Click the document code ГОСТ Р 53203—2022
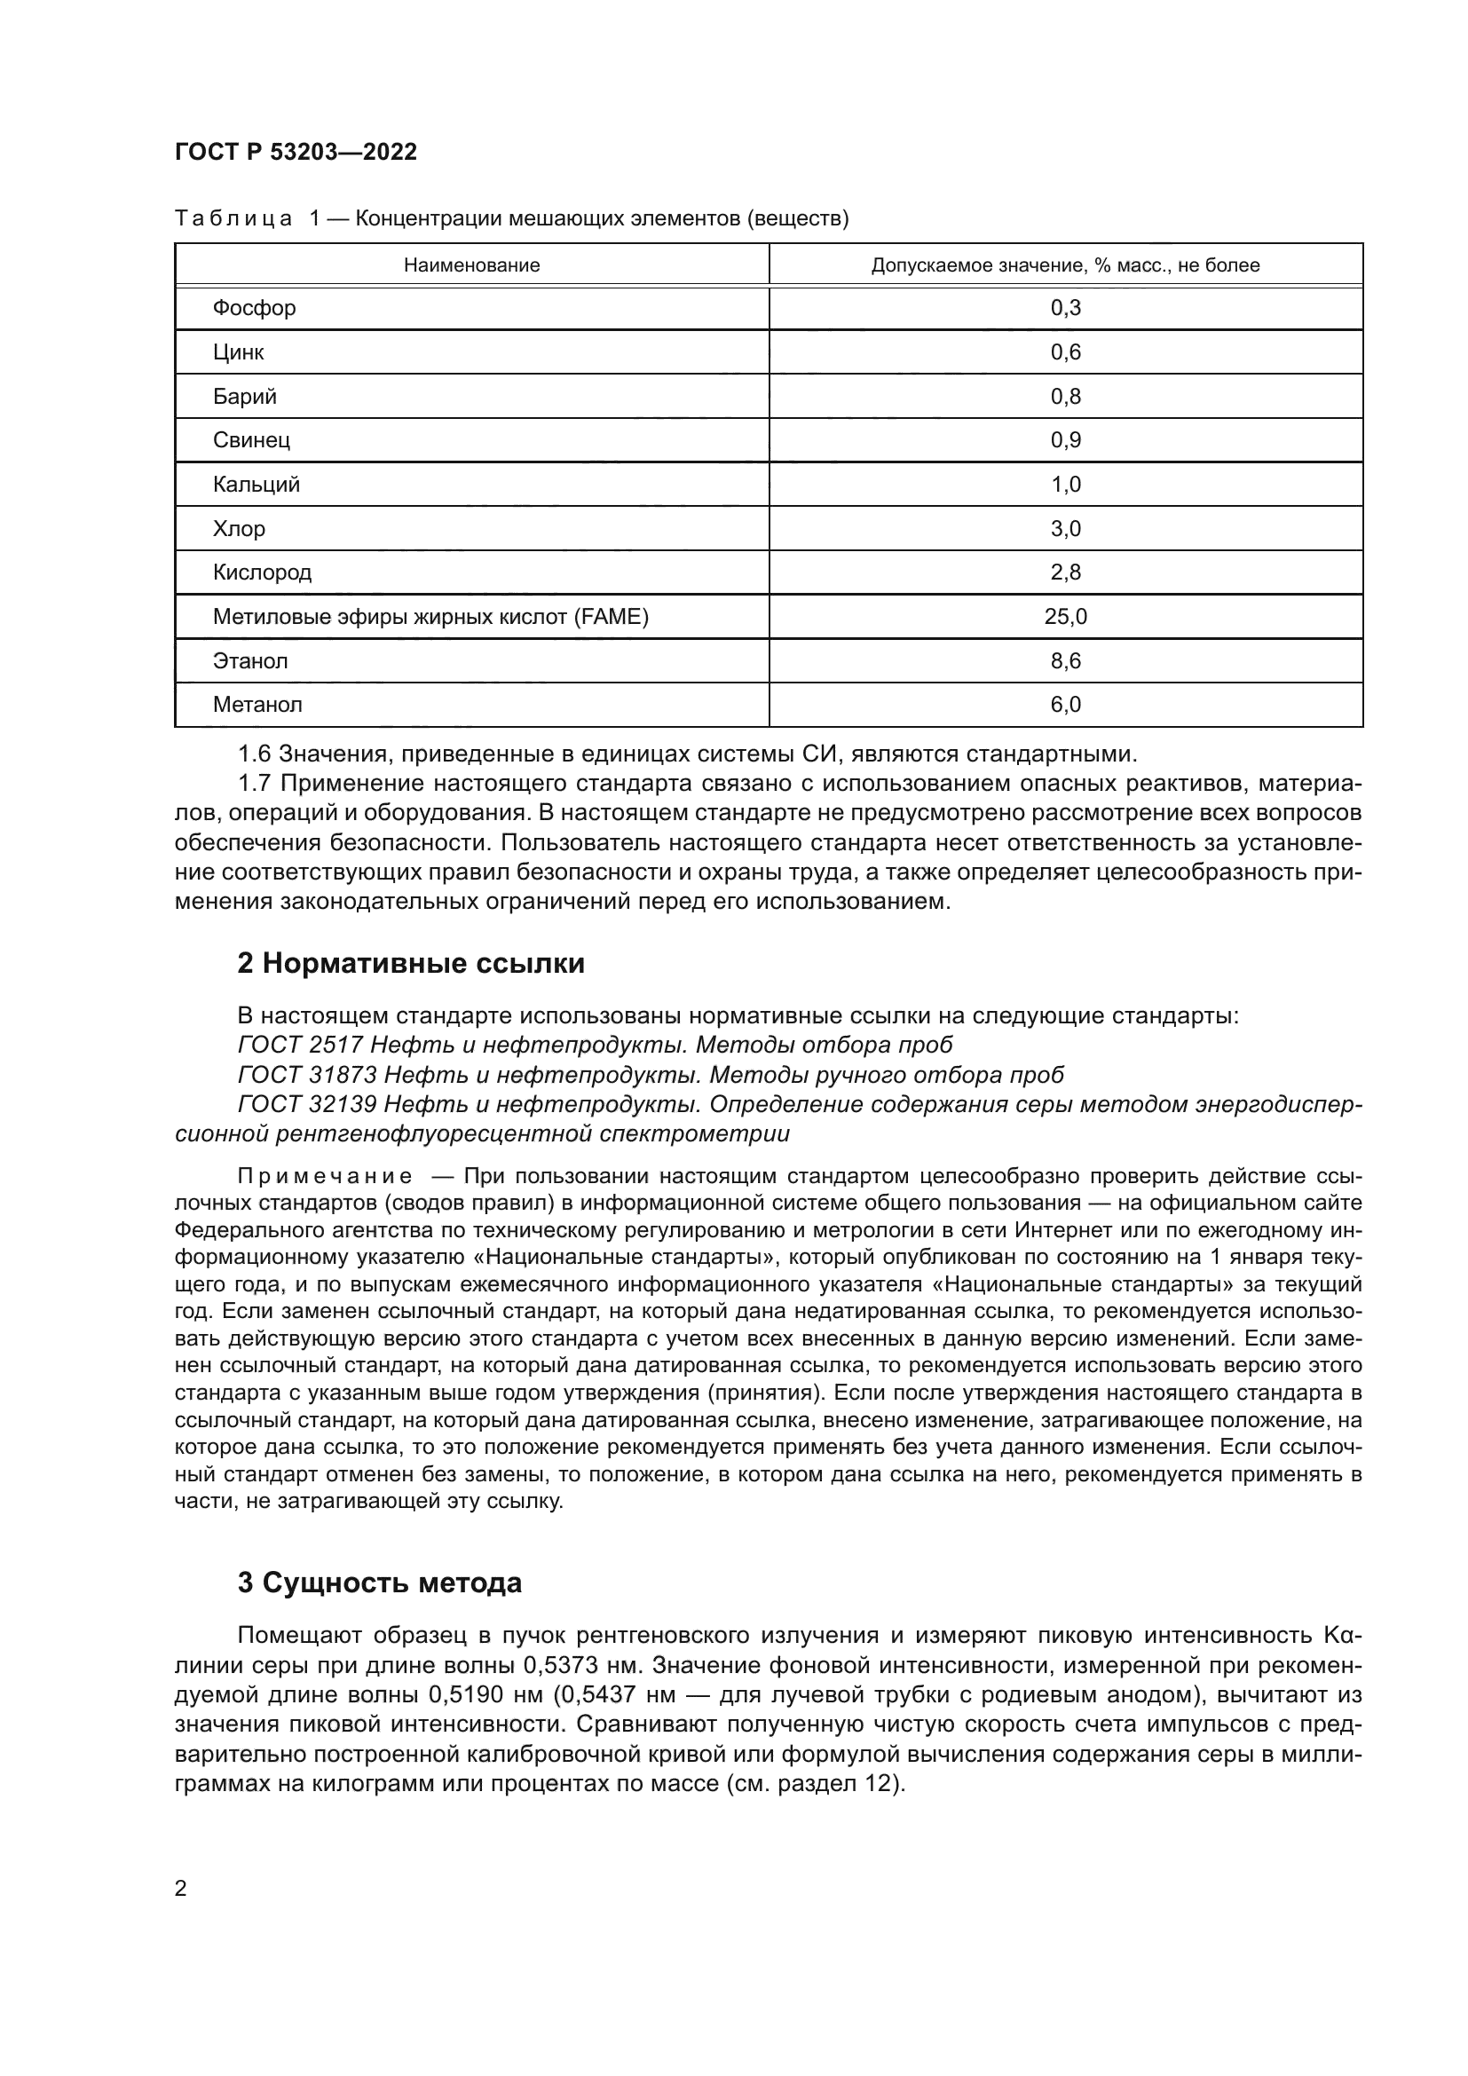click(x=296, y=152)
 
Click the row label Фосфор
click(x=254, y=308)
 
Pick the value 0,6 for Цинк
click(x=1065, y=351)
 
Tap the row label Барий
click(x=244, y=396)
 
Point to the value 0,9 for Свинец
click(x=1065, y=440)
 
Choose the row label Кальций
click(x=256, y=485)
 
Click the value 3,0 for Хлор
click(x=1065, y=529)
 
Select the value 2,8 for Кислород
click(x=1065, y=572)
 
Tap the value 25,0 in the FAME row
click(x=1065, y=617)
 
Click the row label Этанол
click(x=250, y=661)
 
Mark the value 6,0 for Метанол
click(x=1065, y=705)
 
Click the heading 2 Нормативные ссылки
click(x=410, y=964)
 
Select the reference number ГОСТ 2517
click(x=299, y=1046)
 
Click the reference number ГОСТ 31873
click(x=305, y=1075)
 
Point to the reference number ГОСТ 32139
click(x=305, y=1105)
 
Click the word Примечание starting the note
click(x=325, y=1176)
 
